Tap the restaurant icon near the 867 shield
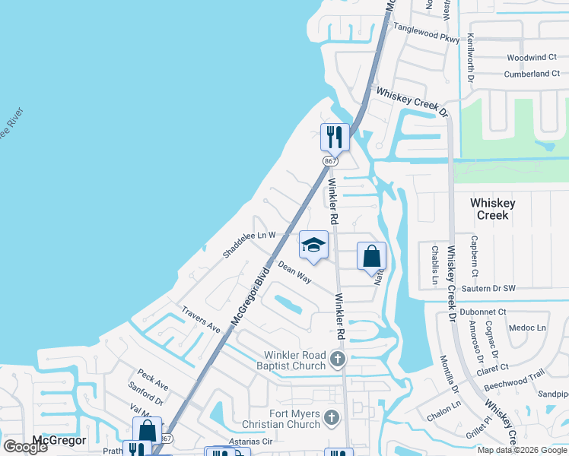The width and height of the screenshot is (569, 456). point(335,138)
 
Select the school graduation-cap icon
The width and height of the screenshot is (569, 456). point(313,245)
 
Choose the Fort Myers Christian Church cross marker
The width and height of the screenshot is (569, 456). point(330,416)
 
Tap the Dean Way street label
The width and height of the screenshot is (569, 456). point(294,273)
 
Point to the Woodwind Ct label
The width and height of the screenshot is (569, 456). point(532,58)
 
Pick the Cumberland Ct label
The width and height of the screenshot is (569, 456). point(532,74)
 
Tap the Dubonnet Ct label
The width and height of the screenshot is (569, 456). point(482,312)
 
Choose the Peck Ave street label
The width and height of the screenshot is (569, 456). point(153,378)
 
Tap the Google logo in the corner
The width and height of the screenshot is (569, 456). point(25,447)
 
